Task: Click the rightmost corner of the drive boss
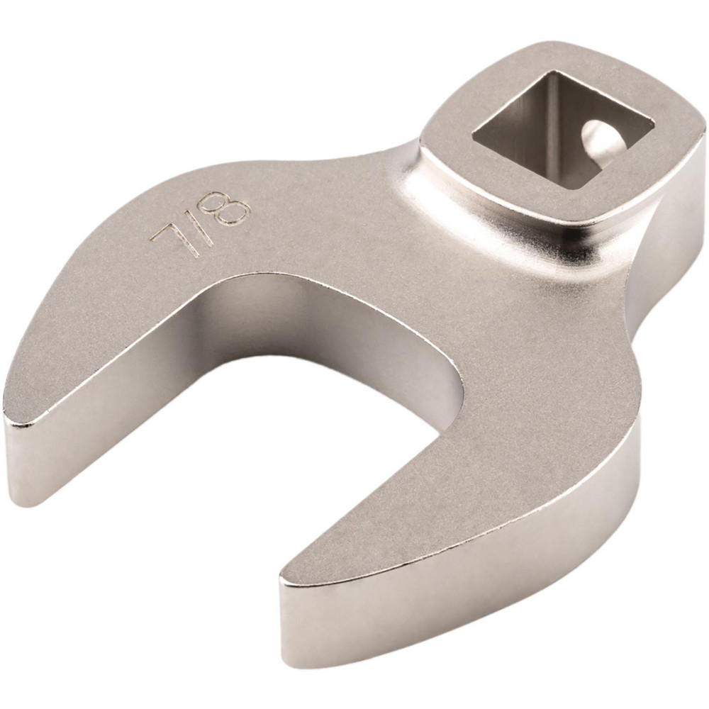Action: point(702,135)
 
